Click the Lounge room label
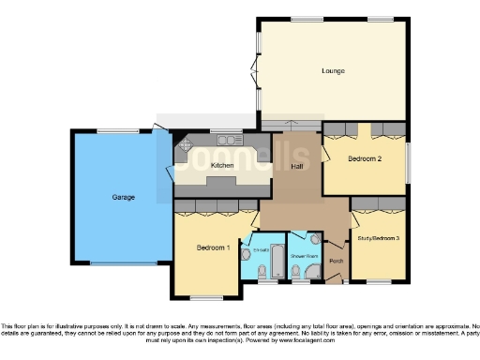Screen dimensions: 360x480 pyautogui.click(x=332, y=71)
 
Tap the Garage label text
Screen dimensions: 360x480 pyautogui.click(x=124, y=197)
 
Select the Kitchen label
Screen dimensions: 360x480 pyautogui.click(x=222, y=165)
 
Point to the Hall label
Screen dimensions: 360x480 pyautogui.click(x=296, y=166)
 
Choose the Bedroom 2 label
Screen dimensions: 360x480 pyautogui.click(x=364, y=158)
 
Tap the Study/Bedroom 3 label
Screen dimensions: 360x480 pyautogui.click(x=378, y=239)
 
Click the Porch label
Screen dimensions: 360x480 pyautogui.click(x=337, y=261)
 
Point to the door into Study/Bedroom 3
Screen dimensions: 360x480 pyautogui.click(x=354, y=212)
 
